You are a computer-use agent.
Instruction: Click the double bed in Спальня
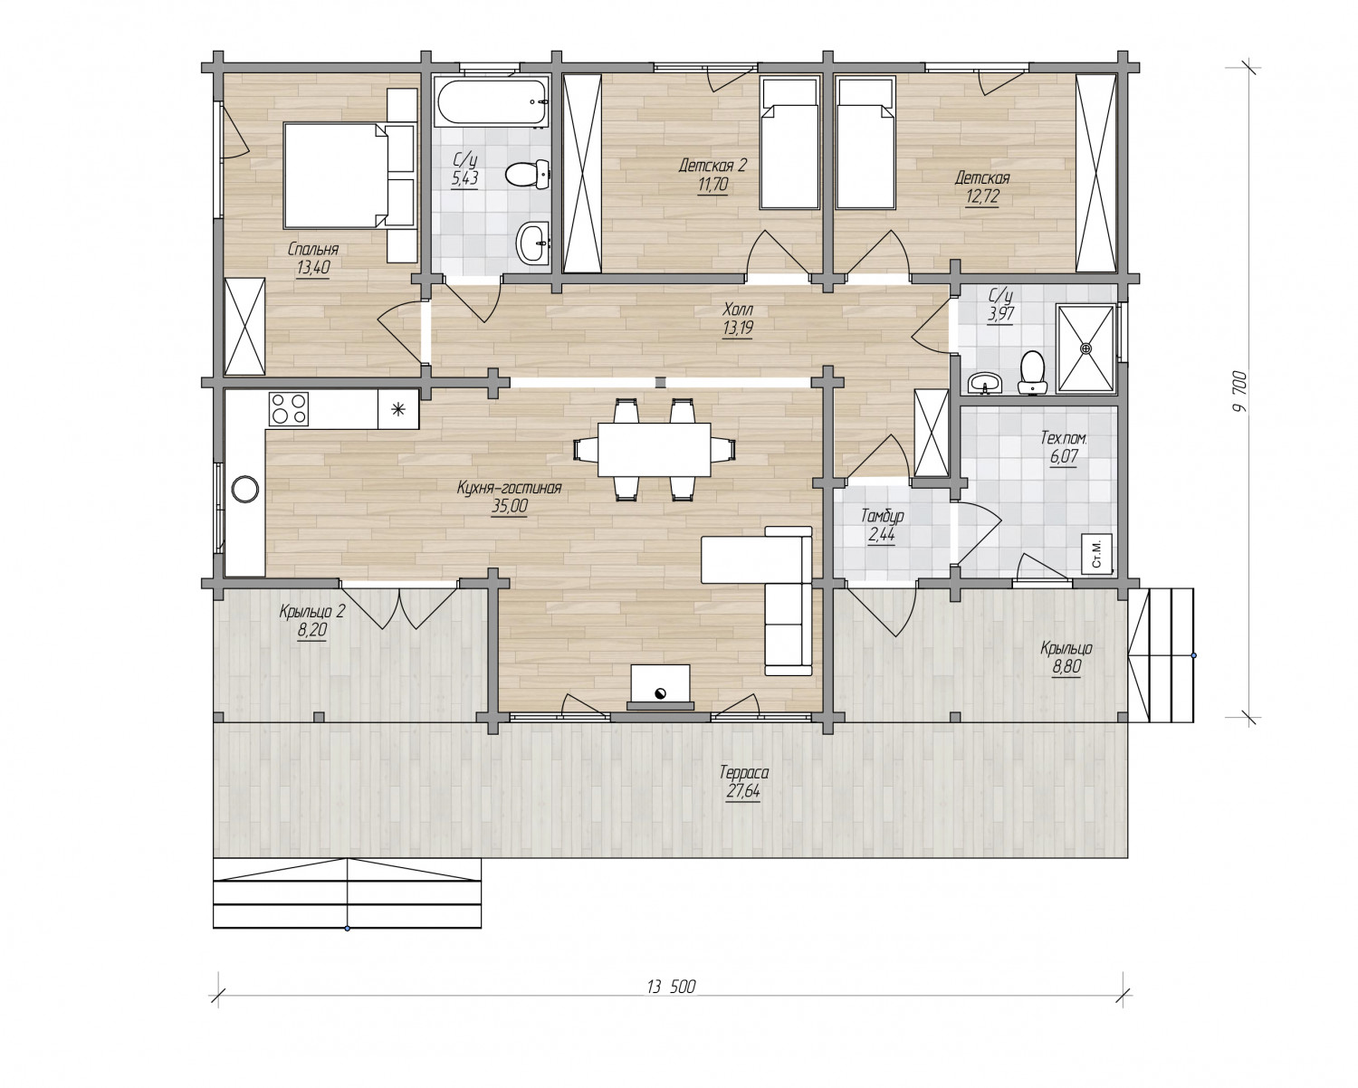click(x=334, y=176)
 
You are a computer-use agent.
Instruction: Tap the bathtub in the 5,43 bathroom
click(x=491, y=102)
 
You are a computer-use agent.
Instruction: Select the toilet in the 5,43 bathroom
click(x=527, y=174)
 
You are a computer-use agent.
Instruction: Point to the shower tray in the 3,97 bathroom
click(x=1085, y=348)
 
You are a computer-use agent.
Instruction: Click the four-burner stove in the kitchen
click(x=289, y=408)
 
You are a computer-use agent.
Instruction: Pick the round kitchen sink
click(x=244, y=489)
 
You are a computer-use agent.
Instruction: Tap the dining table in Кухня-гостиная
click(x=654, y=449)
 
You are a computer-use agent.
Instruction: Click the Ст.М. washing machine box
click(x=1096, y=553)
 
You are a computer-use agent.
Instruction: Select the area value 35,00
click(x=509, y=506)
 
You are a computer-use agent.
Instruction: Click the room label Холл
click(x=738, y=310)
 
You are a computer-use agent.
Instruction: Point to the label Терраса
click(x=744, y=772)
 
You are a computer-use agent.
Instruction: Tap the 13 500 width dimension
click(x=671, y=987)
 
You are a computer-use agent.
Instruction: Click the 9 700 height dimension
click(x=1240, y=391)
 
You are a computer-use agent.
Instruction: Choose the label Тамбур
click(x=882, y=516)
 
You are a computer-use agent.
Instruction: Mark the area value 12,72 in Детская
click(x=982, y=197)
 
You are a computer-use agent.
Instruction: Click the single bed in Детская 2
click(x=789, y=143)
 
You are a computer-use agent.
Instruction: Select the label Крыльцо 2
click(x=311, y=612)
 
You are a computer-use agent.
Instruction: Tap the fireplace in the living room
click(x=660, y=687)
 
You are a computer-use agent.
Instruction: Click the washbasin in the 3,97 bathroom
click(x=985, y=383)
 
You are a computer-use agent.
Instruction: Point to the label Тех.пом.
click(x=1064, y=438)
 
